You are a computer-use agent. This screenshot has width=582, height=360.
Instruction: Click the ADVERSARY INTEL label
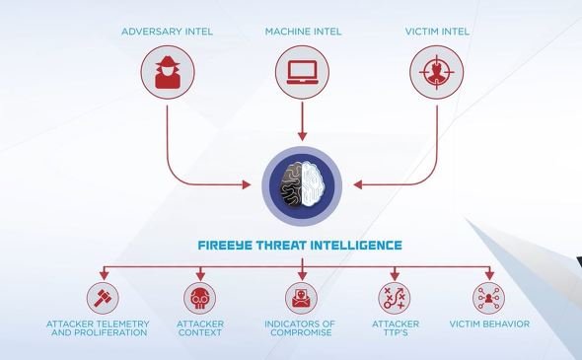click(167, 32)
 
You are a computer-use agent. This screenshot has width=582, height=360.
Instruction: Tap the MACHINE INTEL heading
click(303, 32)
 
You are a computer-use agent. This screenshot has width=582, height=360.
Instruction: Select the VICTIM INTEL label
click(437, 32)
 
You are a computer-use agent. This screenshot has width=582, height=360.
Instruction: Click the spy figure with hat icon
click(168, 72)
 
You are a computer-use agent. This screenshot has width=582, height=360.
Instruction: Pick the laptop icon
click(303, 72)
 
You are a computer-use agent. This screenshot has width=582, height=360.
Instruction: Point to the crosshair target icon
click(436, 72)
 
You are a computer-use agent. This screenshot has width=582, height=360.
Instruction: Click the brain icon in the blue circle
click(302, 184)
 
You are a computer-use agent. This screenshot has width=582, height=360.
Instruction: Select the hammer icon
click(103, 298)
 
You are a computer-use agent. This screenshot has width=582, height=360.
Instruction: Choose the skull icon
click(199, 299)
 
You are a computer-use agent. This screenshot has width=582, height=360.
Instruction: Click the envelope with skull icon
click(301, 299)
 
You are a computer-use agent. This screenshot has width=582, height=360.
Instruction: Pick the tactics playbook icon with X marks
click(395, 298)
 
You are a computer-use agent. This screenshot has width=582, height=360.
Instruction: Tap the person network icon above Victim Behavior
click(489, 298)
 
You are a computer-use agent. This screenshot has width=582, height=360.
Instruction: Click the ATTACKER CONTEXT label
click(200, 328)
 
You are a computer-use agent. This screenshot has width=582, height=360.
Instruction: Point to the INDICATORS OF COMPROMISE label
click(300, 328)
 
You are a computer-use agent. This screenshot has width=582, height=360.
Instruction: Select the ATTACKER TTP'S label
click(396, 328)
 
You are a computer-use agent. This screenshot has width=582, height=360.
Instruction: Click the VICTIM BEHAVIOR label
click(489, 324)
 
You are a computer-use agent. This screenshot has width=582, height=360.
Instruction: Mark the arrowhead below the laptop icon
click(303, 136)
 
